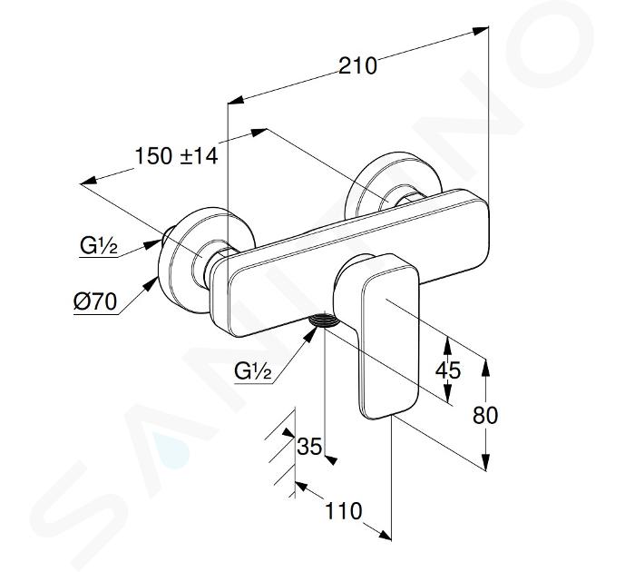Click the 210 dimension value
coord(357,65)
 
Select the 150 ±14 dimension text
coord(176,155)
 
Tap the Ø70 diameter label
coord(95,301)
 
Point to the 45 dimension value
coord(447,370)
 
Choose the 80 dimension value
coord(485,415)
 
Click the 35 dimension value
coord(309,446)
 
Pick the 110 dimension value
coord(344,511)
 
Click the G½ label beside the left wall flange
coord(99,246)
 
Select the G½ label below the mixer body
coord(253,371)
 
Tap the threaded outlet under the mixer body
coord(324,321)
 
